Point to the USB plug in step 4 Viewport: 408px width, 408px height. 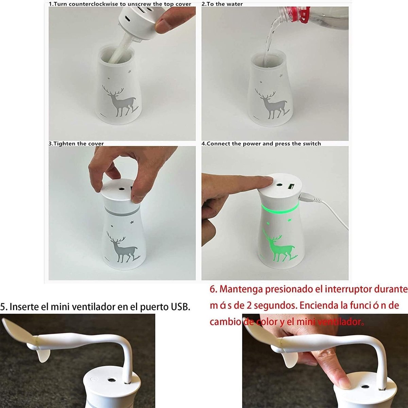coord(307,198)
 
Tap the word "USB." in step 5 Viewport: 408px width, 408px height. coord(182,306)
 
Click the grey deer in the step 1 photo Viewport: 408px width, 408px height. coord(119,102)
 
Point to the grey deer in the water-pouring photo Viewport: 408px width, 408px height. coord(271,104)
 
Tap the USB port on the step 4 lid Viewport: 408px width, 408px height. coord(291,187)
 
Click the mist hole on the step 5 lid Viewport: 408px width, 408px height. coord(111,380)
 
